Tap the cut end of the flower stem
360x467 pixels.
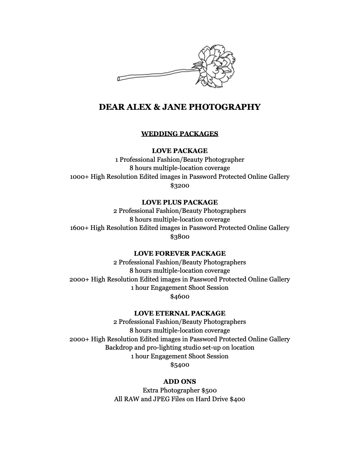pyautogui.click(x=119, y=79)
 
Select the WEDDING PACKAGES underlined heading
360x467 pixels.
pyautogui.click(x=180, y=134)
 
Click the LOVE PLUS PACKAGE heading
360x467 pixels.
pyautogui.click(x=180, y=202)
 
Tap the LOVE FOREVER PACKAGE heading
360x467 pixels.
pyautogui.click(x=180, y=253)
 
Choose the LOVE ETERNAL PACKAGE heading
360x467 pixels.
pyautogui.click(x=180, y=313)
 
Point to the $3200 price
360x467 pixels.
pyautogui.click(x=180, y=185)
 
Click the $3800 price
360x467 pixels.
pyautogui.click(x=180, y=237)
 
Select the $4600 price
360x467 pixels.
pyautogui.click(x=180, y=297)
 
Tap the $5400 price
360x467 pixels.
pyautogui.click(x=180, y=365)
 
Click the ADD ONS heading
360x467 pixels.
pyautogui.click(x=180, y=382)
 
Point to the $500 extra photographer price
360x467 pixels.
pyautogui.click(x=209, y=390)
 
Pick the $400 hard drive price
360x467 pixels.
pyautogui.click(x=237, y=399)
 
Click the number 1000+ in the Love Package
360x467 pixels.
pyautogui.click(x=79, y=177)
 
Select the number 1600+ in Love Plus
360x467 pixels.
pyautogui.click(x=79, y=228)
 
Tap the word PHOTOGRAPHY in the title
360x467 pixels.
pyautogui.click(x=225, y=107)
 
